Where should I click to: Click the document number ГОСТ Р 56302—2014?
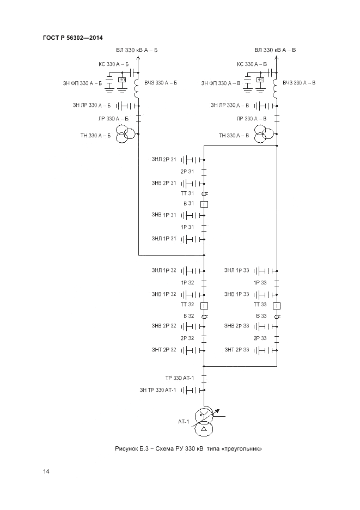72,37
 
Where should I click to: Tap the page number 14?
46,471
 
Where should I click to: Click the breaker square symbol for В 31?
204,204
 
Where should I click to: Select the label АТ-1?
183,421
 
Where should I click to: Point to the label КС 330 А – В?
252,64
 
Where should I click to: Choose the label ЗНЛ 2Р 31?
164,160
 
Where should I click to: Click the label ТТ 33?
260,305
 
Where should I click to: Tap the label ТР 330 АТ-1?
179,378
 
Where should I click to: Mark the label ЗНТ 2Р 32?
164,349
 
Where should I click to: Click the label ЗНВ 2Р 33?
236,326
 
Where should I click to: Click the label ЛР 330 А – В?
252,118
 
